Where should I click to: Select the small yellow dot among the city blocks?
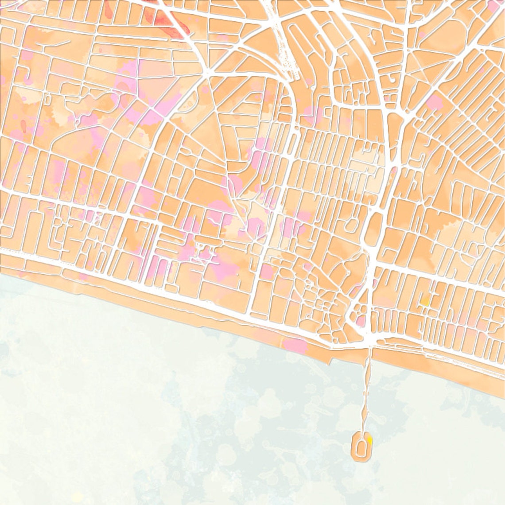pos(424,303)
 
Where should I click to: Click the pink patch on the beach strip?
pos(295,344)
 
